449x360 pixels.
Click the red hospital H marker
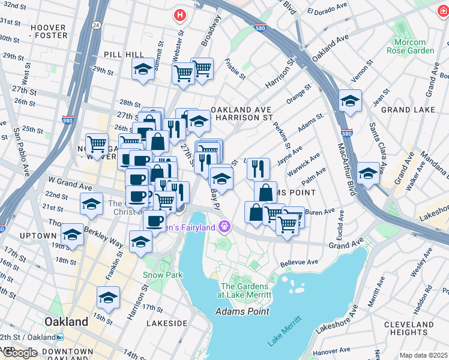click(178, 15)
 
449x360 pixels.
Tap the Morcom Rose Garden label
click(414, 46)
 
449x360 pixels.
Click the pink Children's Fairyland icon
click(224, 227)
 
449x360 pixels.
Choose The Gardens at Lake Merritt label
click(246, 290)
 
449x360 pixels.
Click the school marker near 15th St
click(108, 298)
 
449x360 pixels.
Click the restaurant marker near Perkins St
click(258, 168)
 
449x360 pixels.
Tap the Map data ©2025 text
click(423, 355)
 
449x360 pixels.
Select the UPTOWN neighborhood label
click(37, 236)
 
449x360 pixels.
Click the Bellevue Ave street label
click(299, 262)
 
